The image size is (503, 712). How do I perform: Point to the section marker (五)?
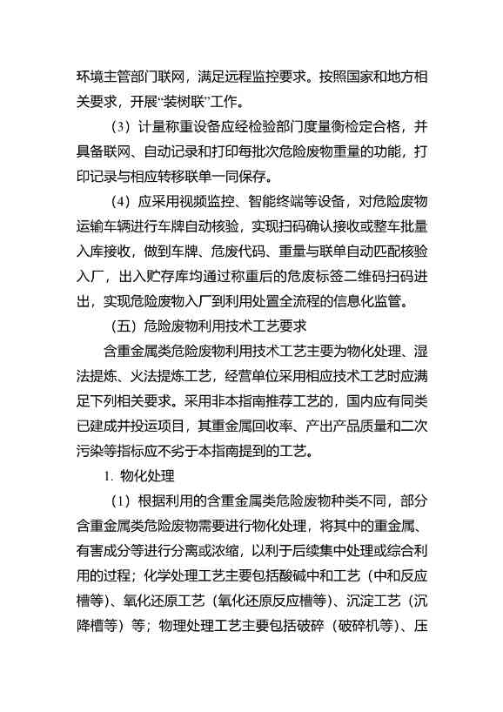click(x=120, y=327)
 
